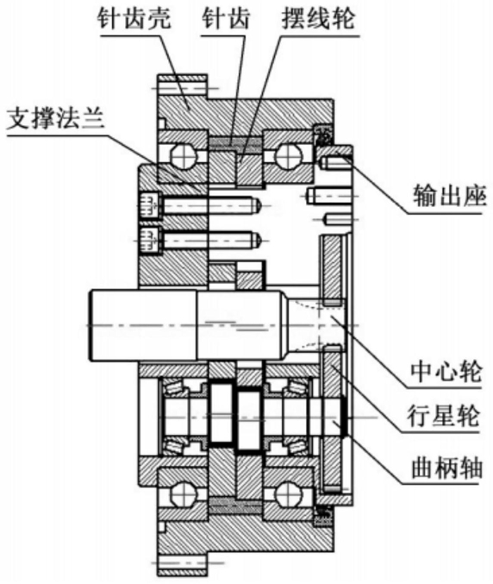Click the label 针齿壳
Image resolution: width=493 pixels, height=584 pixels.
134,18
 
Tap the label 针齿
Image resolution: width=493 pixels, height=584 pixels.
226,18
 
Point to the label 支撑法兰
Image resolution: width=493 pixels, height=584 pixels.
56,119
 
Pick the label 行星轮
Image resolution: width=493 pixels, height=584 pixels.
444,416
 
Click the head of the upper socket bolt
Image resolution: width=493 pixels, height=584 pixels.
150,204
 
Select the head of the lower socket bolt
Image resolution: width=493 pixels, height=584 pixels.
150,239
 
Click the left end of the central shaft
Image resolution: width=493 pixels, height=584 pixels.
89,325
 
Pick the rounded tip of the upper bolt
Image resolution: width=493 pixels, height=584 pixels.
258,204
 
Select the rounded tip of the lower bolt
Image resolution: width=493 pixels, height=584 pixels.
258,239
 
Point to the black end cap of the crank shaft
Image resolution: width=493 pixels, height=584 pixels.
345,416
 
